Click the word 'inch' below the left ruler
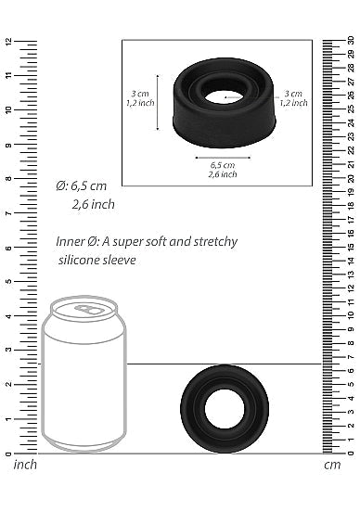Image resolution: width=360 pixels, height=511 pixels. point(25,464)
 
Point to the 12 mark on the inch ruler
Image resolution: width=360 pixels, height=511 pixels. point(8,42)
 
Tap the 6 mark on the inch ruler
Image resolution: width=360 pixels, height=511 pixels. point(8,249)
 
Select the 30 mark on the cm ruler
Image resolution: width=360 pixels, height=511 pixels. point(350,41)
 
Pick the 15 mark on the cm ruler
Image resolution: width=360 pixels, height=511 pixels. point(350,248)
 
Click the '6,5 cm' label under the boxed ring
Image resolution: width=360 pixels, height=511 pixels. point(222,164)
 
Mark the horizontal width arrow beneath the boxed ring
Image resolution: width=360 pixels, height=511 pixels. point(222,156)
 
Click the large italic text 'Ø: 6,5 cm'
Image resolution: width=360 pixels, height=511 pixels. point(82,185)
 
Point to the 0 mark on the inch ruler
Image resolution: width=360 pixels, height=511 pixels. point(8,454)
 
